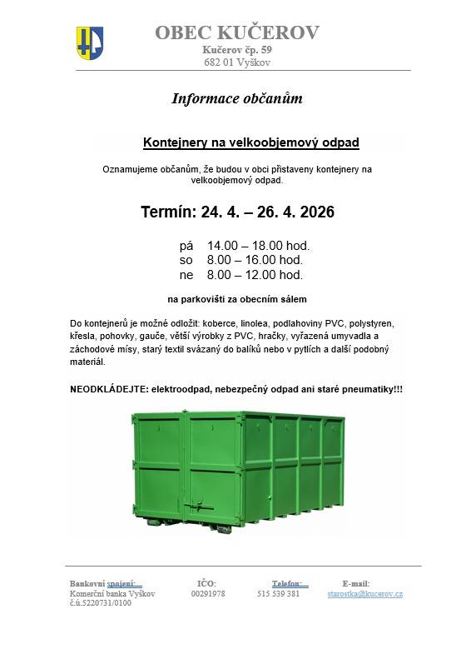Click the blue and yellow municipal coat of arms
pyautogui.click(x=90, y=40)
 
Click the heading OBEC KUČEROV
pyautogui.click(x=236, y=32)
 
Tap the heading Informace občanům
pyautogui.click(x=236, y=98)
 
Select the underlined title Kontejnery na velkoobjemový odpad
pyautogui.click(x=251, y=142)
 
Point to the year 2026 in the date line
pyautogui.click(x=315, y=212)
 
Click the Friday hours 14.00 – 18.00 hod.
pyautogui.click(x=258, y=246)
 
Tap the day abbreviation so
pyautogui.click(x=186, y=260)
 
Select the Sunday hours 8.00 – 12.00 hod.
pyautogui.click(x=255, y=274)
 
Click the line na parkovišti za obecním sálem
pyautogui.click(x=237, y=297)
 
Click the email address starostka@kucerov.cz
pyautogui.click(x=364, y=593)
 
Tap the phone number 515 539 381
pyautogui.click(x=278, y=593)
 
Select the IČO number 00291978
pyautogui.click(x=207, y=593)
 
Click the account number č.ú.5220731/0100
pyautogui.click(x=101, y=602)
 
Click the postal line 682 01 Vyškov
pyautogui.click(x=236, y=62)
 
